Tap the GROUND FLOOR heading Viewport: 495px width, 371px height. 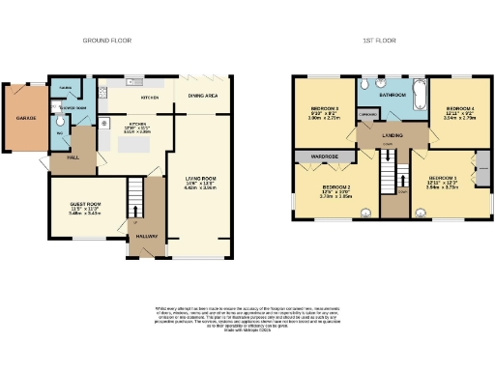tap(106, 41)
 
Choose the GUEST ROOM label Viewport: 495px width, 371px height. tap(86, 204)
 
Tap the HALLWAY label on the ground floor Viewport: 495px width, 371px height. tap(147, 235)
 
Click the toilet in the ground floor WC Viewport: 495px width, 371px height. tap(60, 121)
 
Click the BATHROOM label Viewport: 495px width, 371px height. tap(391, 97)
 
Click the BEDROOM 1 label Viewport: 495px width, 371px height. tap(442, 179)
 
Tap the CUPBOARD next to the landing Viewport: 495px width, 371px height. tap(367, 117)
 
